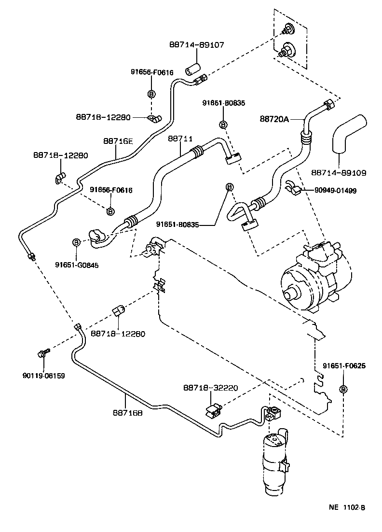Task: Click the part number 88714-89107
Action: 197,44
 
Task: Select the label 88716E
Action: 117,141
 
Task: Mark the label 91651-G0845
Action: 76,265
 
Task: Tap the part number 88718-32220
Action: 210,388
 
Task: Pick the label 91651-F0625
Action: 344,366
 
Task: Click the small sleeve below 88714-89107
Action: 191,68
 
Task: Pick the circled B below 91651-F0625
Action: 343,389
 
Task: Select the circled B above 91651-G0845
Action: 76,242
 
